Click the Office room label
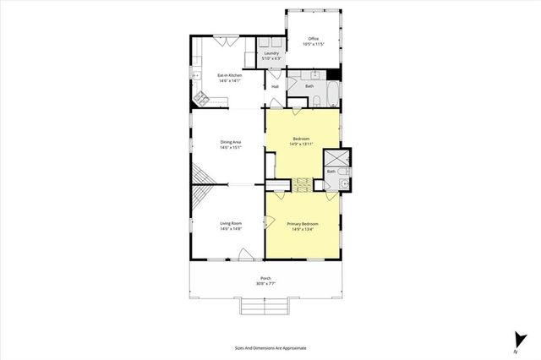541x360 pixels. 313,38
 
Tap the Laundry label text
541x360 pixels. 271,54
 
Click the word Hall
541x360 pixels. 275,85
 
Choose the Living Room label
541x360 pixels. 231,223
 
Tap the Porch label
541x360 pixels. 265,279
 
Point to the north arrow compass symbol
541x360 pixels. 514,337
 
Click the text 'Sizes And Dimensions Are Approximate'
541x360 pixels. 270,347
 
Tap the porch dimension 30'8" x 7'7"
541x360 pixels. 265,285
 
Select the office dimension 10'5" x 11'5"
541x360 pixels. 313,44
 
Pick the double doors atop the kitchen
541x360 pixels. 225,38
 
